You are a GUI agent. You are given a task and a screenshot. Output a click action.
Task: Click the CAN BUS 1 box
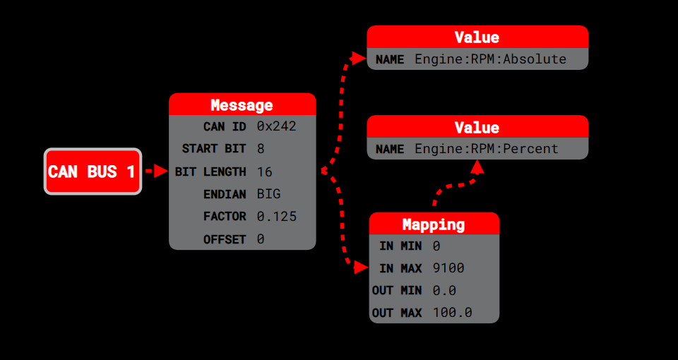(x=93, y=172)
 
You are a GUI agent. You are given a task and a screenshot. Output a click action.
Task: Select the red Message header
(x=242, y=105)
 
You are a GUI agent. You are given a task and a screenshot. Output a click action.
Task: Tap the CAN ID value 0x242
(x=276, y=126)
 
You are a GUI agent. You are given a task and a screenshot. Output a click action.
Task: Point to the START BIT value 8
(x=261, y=149)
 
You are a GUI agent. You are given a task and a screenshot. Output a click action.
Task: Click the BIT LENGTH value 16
(x=265, y=172)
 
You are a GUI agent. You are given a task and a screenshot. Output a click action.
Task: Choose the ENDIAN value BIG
(x=268, y=194)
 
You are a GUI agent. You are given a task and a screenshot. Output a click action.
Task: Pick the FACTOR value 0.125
(x=276, y=217)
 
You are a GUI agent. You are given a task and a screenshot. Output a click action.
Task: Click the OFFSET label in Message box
(x=225, y=239)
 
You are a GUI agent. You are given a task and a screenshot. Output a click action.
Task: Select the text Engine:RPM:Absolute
(x=490, y=59)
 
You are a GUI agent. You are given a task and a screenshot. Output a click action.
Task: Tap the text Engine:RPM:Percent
(x=486, y=149)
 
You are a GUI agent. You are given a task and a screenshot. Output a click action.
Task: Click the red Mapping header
(x=434, y=224)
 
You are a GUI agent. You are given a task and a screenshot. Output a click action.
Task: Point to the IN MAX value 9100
(x=448, y=268)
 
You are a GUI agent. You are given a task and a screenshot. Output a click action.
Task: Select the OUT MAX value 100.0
(x=452, y=313)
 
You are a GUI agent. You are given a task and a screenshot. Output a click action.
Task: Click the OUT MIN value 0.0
(x=444, y=290)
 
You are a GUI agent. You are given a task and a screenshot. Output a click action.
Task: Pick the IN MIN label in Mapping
(x=400, y=246)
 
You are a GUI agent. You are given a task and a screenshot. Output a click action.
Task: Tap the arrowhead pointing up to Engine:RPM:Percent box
(x=477, y=167)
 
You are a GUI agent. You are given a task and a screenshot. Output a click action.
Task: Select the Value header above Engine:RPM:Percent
(x=477, y=127)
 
